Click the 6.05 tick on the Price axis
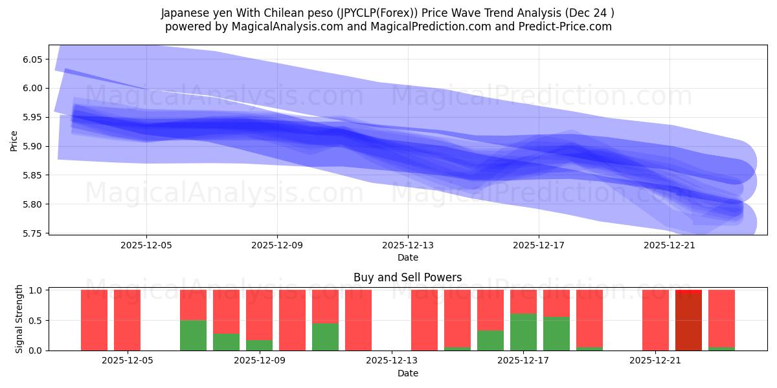[x=31, y=59]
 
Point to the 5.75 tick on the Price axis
[x=31, y=233]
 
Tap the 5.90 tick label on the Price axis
[x=31, y=147]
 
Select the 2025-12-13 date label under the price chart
[x=408, y=246]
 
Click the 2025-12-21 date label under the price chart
[x=670, y=246]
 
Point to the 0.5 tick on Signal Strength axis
[x=36, y=321]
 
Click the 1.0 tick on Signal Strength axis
[x=36, y=290]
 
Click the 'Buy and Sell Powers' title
[x=407, y=277]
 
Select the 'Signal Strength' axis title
[x=19, y=319]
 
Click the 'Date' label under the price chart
[x=407, y=257]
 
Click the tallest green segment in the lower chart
[x=523, y=332]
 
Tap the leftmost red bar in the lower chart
[x=95, y=320]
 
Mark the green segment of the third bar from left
[x=193, y=335]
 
